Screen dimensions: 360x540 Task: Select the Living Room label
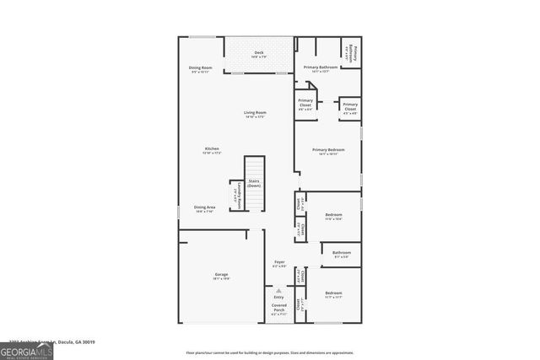255,114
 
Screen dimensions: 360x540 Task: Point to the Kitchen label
200,150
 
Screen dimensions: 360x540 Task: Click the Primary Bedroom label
327,151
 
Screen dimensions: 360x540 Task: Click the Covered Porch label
278,309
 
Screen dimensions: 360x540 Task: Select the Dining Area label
204,208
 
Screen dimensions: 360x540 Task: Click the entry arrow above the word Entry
279,289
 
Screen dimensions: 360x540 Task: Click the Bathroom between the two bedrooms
341,254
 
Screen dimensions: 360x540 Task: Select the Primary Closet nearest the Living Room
305,105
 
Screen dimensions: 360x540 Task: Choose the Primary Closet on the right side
349,107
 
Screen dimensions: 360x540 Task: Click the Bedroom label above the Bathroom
333,217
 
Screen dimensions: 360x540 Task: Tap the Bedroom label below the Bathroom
333,294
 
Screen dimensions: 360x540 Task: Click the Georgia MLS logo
26,351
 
